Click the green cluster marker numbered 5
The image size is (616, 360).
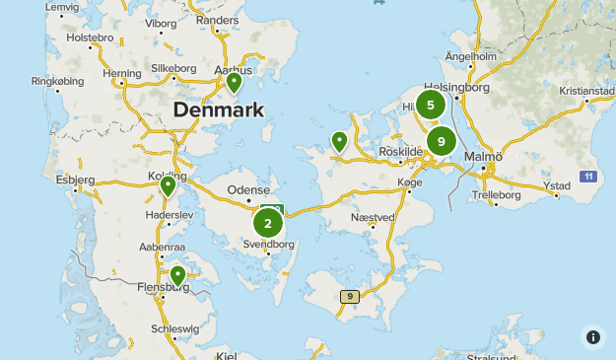pos(431,105)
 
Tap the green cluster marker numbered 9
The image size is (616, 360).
pos(441,141)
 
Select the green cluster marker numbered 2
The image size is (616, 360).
pos(267,223)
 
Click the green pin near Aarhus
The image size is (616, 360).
pos(234,82)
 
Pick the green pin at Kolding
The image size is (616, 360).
pos(169,184)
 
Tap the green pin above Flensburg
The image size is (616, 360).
pos(177,275)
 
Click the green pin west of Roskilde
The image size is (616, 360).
pos(339,142)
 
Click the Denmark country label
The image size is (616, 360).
pos(218,109)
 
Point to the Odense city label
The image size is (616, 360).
pos(247,189)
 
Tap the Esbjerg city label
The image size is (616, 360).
pos(76,180)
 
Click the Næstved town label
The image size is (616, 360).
pos(373,216)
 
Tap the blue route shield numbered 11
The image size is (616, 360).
pos(587,177)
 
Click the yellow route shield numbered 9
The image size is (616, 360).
pos(349,296)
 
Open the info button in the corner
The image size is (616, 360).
pos(593,337)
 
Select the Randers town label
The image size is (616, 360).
pos(218,20)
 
